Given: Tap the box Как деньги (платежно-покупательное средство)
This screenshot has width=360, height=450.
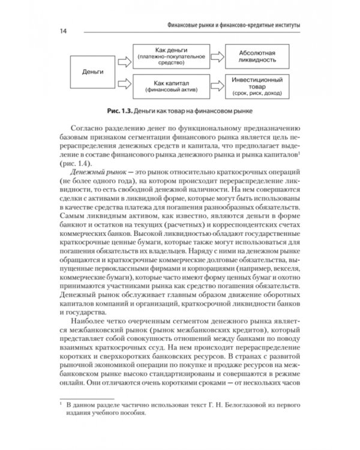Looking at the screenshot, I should pos(163,56).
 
